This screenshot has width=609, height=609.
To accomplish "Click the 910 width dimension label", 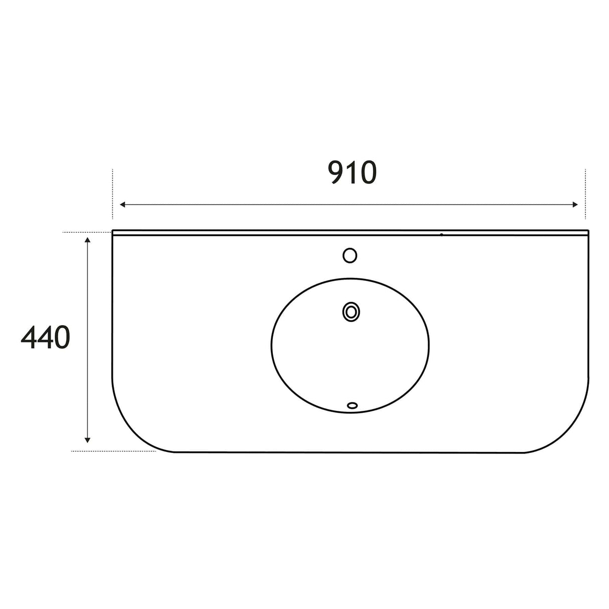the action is click(352, 172).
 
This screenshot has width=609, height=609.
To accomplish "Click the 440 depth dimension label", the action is click(45, 337).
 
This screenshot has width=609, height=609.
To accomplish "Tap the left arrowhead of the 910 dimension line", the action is click(122, 205).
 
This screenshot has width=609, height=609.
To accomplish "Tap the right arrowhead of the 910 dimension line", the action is click(575, 205).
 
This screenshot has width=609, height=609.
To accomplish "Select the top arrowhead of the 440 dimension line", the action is click(88, 240).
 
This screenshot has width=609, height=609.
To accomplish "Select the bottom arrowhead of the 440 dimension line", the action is click(88, 440).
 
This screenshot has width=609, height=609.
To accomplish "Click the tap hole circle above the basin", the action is click(350, 255).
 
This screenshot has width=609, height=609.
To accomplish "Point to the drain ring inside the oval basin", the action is click(351, 312).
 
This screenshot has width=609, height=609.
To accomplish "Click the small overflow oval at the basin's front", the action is click(352, 405).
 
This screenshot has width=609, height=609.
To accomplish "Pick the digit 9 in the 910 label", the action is click(337, 172).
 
